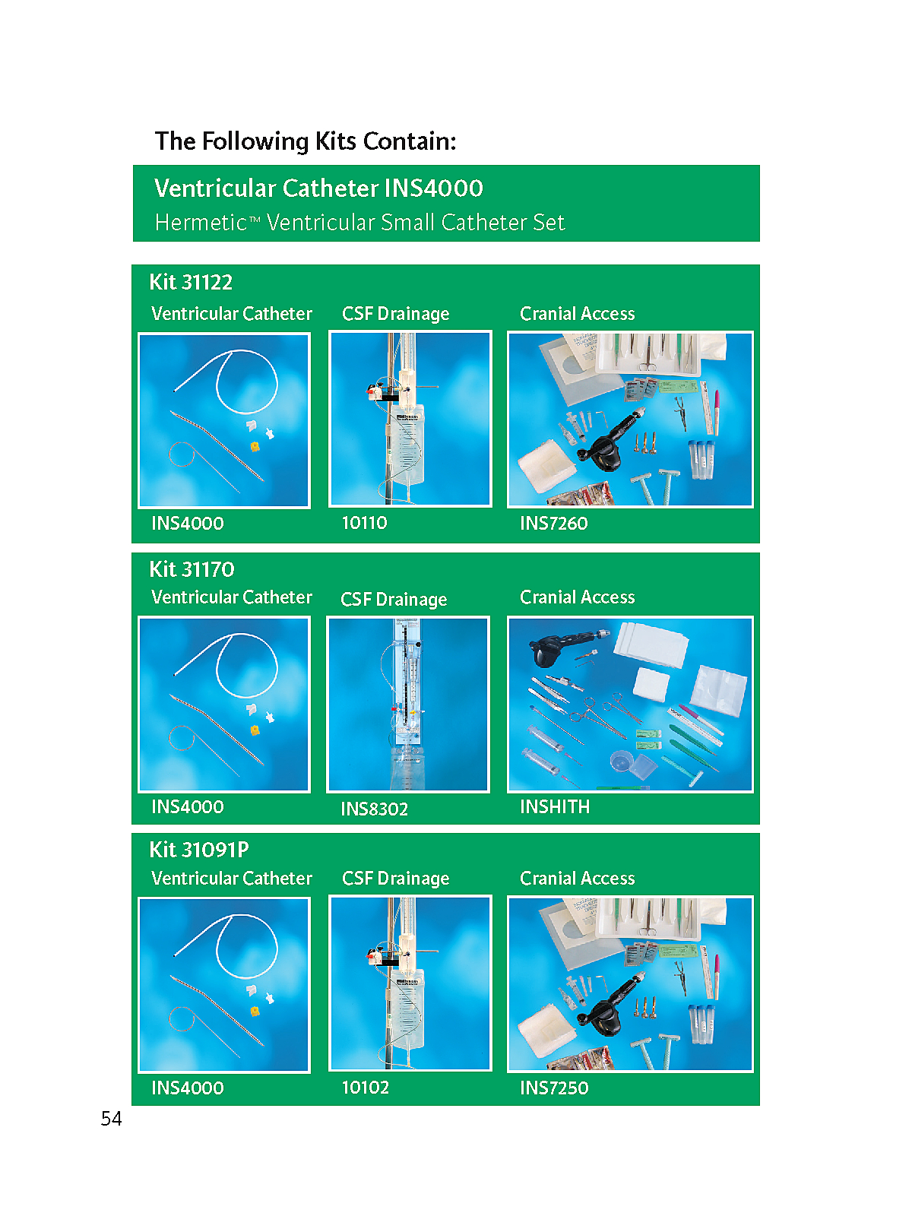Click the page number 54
pyautogui.click(x=111, y=1119)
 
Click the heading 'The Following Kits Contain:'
pyautogui.click(x=305, y=141)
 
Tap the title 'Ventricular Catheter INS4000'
pyautogui.click(x=318, y=188)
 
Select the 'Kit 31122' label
pyautogui.click(x=191, y=283)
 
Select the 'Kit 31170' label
pyautogui.click(x=192, y=569)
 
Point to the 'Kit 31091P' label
pyautogui.click(x=199, y=850)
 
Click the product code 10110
pyautogui.click(x=364, y=522)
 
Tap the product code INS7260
pyautogui.click(x=554, y=523)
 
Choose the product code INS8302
pyautogui.click(x=375, y=809)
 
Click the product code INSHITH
pyautogui.click(x=555, y=806)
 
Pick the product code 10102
pyautogui.click(x=365, y=1088)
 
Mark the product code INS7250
pyautogui.click(x=554, y=1088)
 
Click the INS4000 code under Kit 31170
pyautogui.click(x=187, y=806)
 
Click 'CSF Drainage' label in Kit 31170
pyautogui.click(x=394, y=600)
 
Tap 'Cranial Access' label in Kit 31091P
pyautogui.click(x=577, y=878)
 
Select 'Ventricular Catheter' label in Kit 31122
pyautogui.click(x=232, y=314)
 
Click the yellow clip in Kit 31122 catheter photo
pyautogui.click(x=255, y=446)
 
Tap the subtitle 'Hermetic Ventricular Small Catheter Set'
pyautogui.click(x=360, y=222)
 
